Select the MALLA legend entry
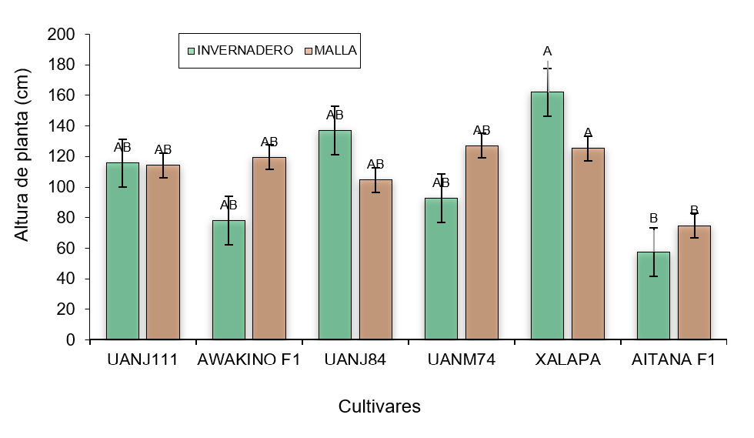pyautogui.click(x=336, y=50)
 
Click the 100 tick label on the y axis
pyautogui.click(x=65, y=187)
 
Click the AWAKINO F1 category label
pyautogui.click(x=249, y=359)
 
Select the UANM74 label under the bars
pyautogui.click(x=462, y=359)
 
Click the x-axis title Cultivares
pyautogui.click(x=379, y=406)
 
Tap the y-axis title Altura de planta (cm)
pyautogui.click(x=22, y=186)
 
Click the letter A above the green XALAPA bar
pyautogui.click(x=547, y=52)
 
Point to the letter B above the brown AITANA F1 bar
pyautogui.click(x=694, y=210)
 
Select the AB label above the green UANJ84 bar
pyautogui.click(x=335, y=115)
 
